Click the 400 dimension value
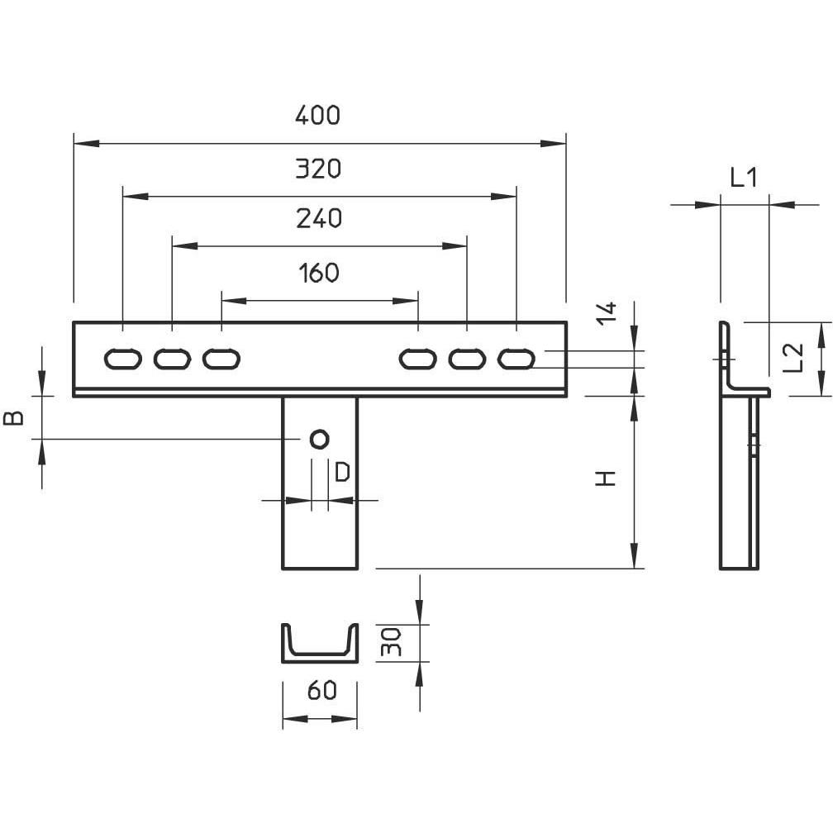coord(317,116)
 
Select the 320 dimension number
coord(318,169)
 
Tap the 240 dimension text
coord(319,218)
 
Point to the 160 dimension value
coord(319,273)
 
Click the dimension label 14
coord(607,313)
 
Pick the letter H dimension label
coord(605,478)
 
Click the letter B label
coord(13,418)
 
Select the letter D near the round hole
coord(343,472)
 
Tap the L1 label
coord(744,178)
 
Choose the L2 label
coord(793,358)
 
